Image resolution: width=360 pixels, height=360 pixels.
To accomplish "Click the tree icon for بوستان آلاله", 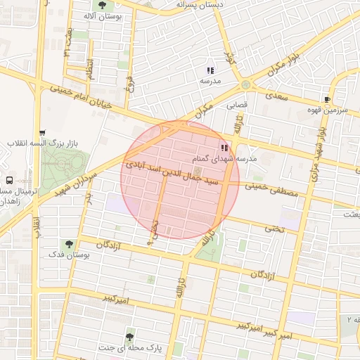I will pyautogui.click(x=103, y=6).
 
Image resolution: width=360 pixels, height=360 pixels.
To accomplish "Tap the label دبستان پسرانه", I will pyautogui.click(x=181, y=4).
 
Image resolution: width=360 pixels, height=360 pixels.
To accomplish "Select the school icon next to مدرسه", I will pyautogui.click(x=210, y=70).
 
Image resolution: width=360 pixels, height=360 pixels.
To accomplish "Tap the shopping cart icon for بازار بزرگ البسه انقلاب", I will pyautogui.click(x=43, y=132).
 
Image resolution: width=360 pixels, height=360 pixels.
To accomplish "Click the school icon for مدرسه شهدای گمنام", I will pyautogui.click(x=224, y=148).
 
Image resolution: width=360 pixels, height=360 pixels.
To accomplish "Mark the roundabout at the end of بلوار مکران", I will pyautogui.click(x=245, y=84).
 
